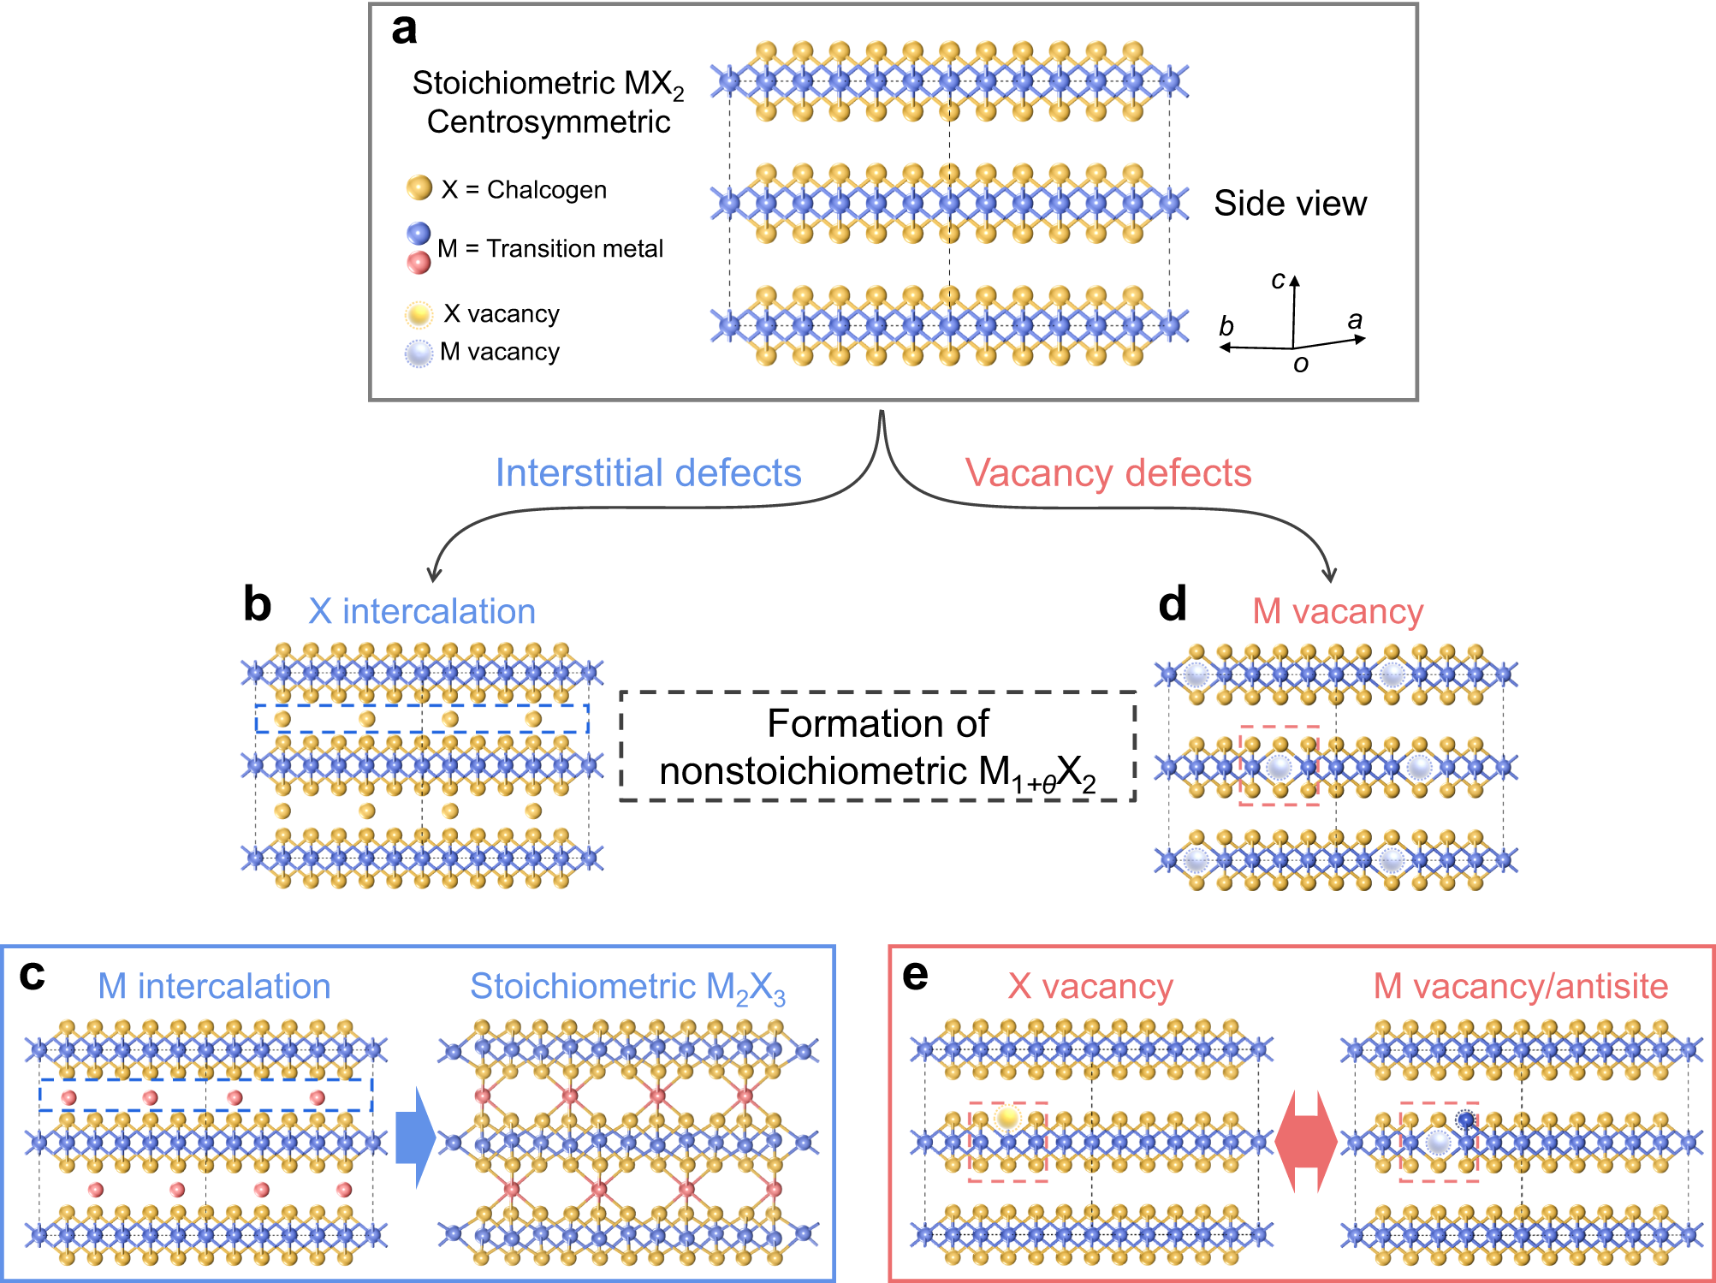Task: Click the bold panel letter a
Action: click(x=404, y=30)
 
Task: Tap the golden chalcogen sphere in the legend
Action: click(x=419, y=187)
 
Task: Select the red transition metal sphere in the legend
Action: click(x=419, y=263)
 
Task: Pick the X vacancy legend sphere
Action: click(x=419, y=314)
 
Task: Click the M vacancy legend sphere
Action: click(x=419, y=353)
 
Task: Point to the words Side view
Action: click(x=1290, y=204)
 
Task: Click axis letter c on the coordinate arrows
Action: click(x=1278, y=280)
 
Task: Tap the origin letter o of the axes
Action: click(x=1300, y=365)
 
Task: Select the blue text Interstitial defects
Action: click(x=648, y=472)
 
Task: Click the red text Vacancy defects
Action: click(x=1107, y=472)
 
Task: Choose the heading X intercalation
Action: click(x=421, y=611)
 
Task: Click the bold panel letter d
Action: click(x=1173, y=604)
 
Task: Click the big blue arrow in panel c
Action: click(x=416, y=1137)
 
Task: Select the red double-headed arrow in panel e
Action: click(x=1305, y=1141)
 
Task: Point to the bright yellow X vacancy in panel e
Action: click(x=1008, y=1117)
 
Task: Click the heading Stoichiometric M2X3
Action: click(x=627, y=987)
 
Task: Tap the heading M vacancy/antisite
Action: click(x=1520, y=986)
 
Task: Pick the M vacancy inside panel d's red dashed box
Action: click(x=1279, y=767)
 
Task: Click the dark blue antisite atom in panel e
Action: click(x=1466, y=1120)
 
